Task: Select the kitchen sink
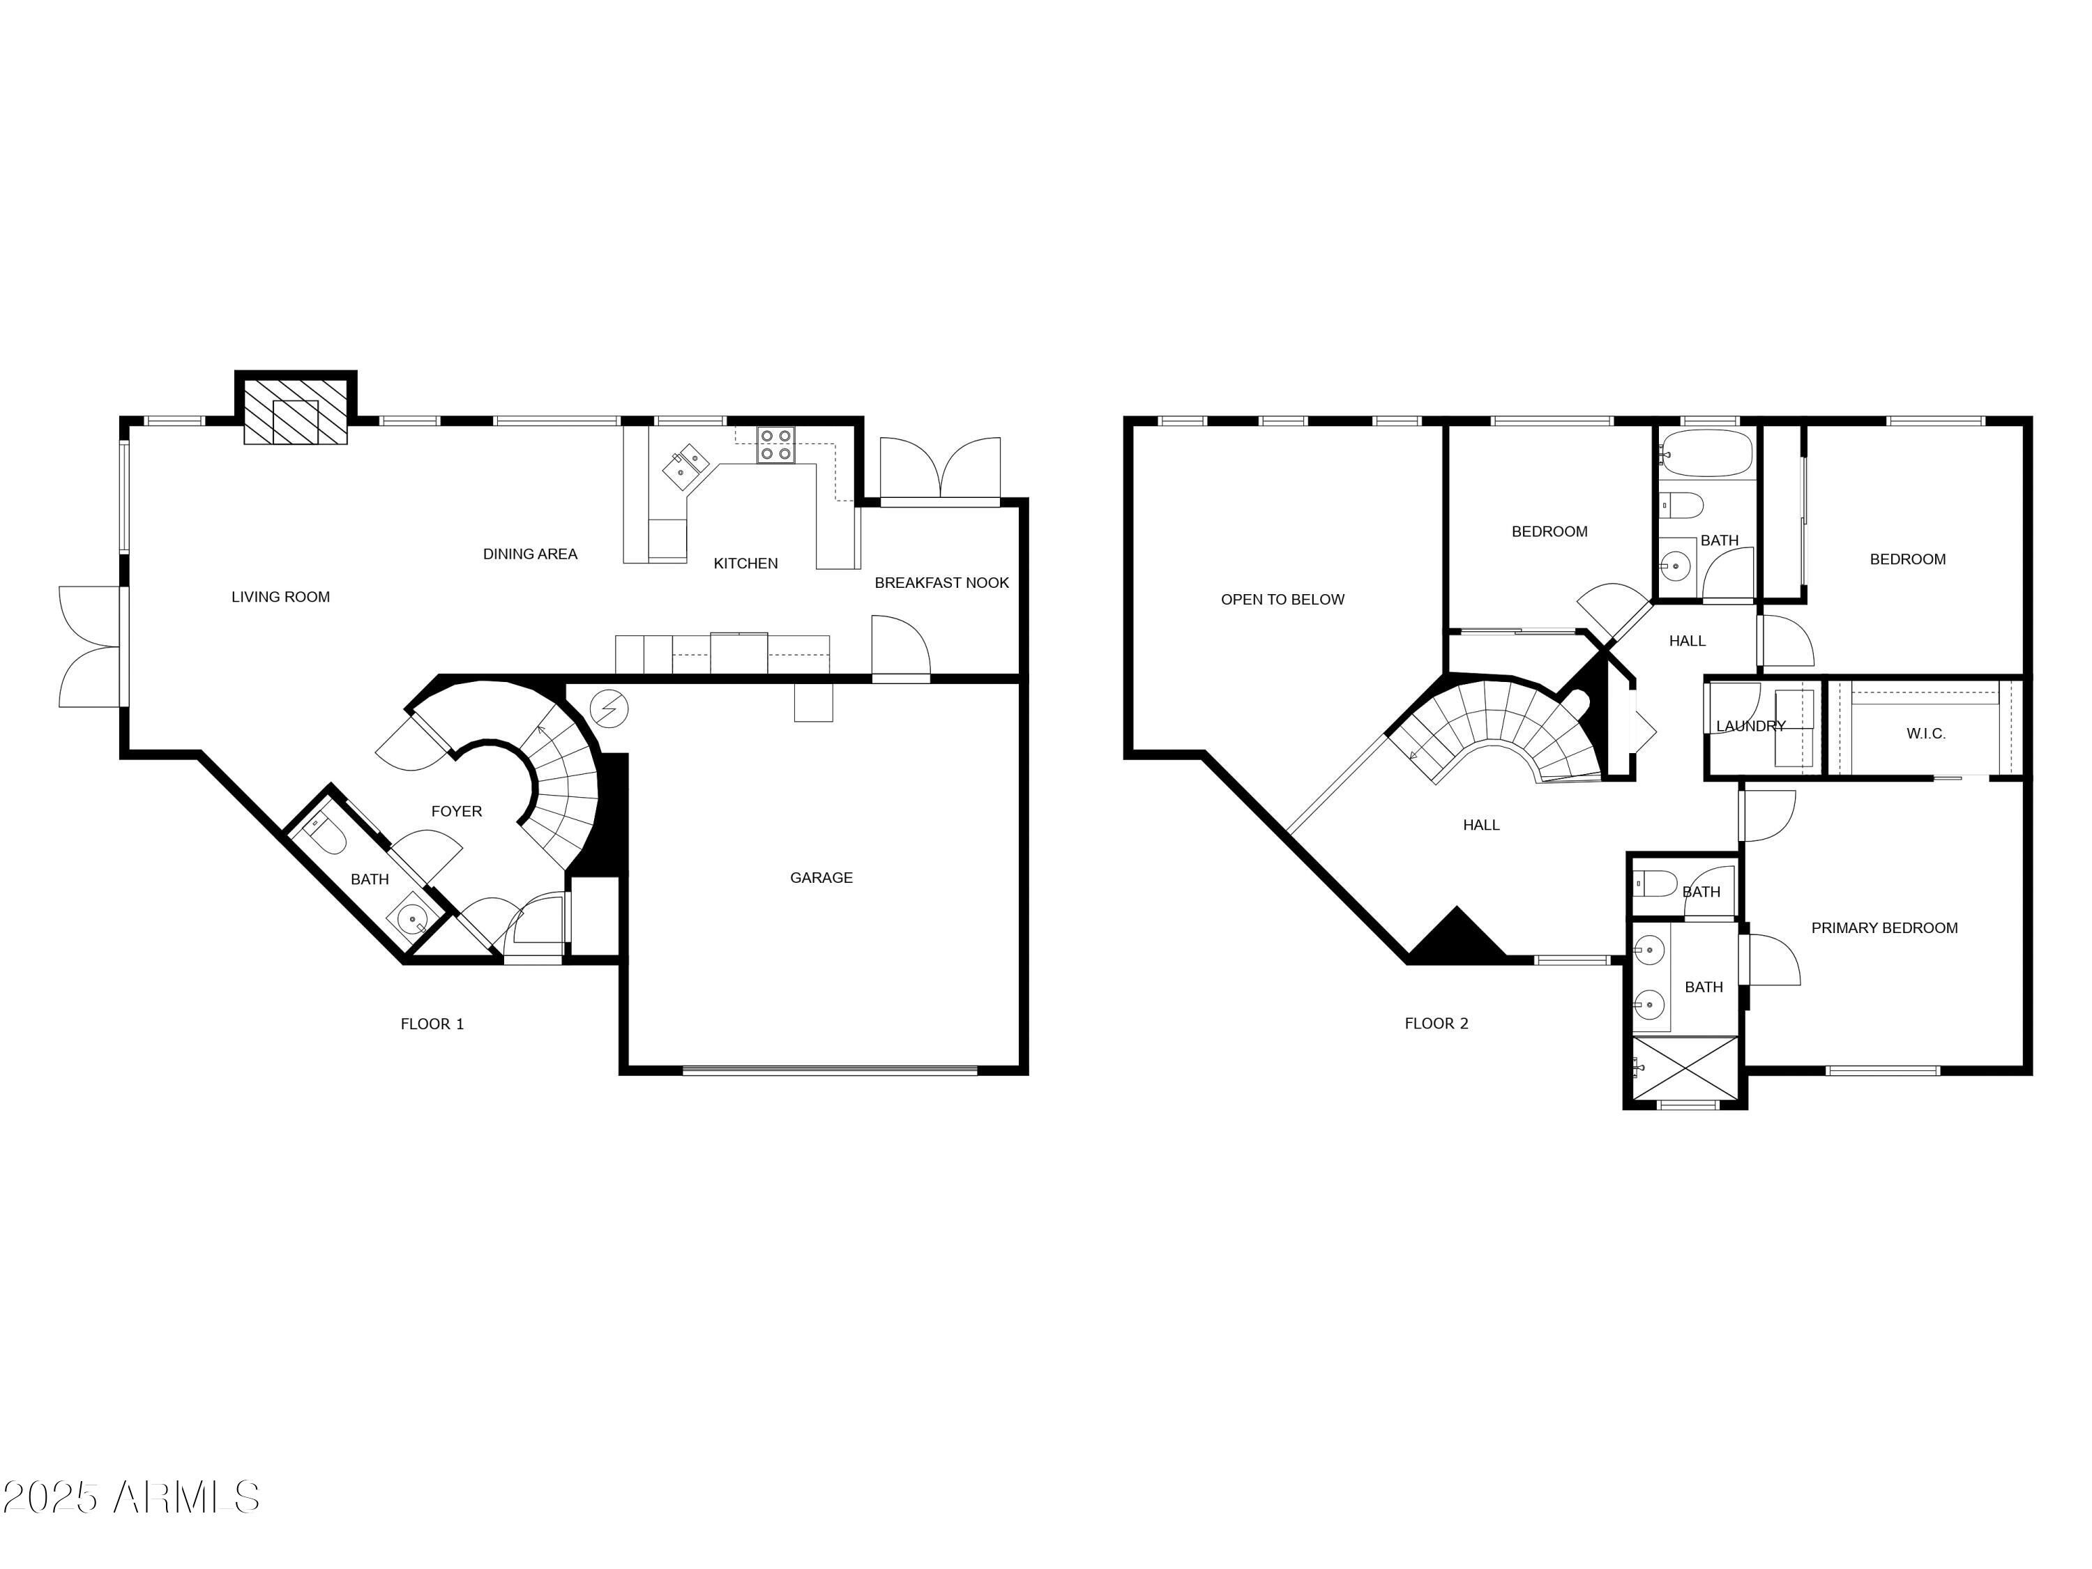click(x=688, y=464)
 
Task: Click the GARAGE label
click(x=821, y=878)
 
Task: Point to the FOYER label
click(x=456, y=812)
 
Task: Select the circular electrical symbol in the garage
click(x=608, y=707)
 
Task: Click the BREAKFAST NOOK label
click(x=941, y=582)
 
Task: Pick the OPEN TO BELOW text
click(x=1282, y=600)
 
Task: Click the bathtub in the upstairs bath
click(x=1706, y=453)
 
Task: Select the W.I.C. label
click(x=1925, y=734)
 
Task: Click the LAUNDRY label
click(x=1750, y=727)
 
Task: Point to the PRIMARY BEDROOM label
click(x=1884, y=927)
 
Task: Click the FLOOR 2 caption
click(x=1436, y=1023)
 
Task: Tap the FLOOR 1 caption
click(x=432, y=1024)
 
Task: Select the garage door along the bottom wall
click(x=828, y=1070)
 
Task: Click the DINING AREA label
click(x=529, y=554)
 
